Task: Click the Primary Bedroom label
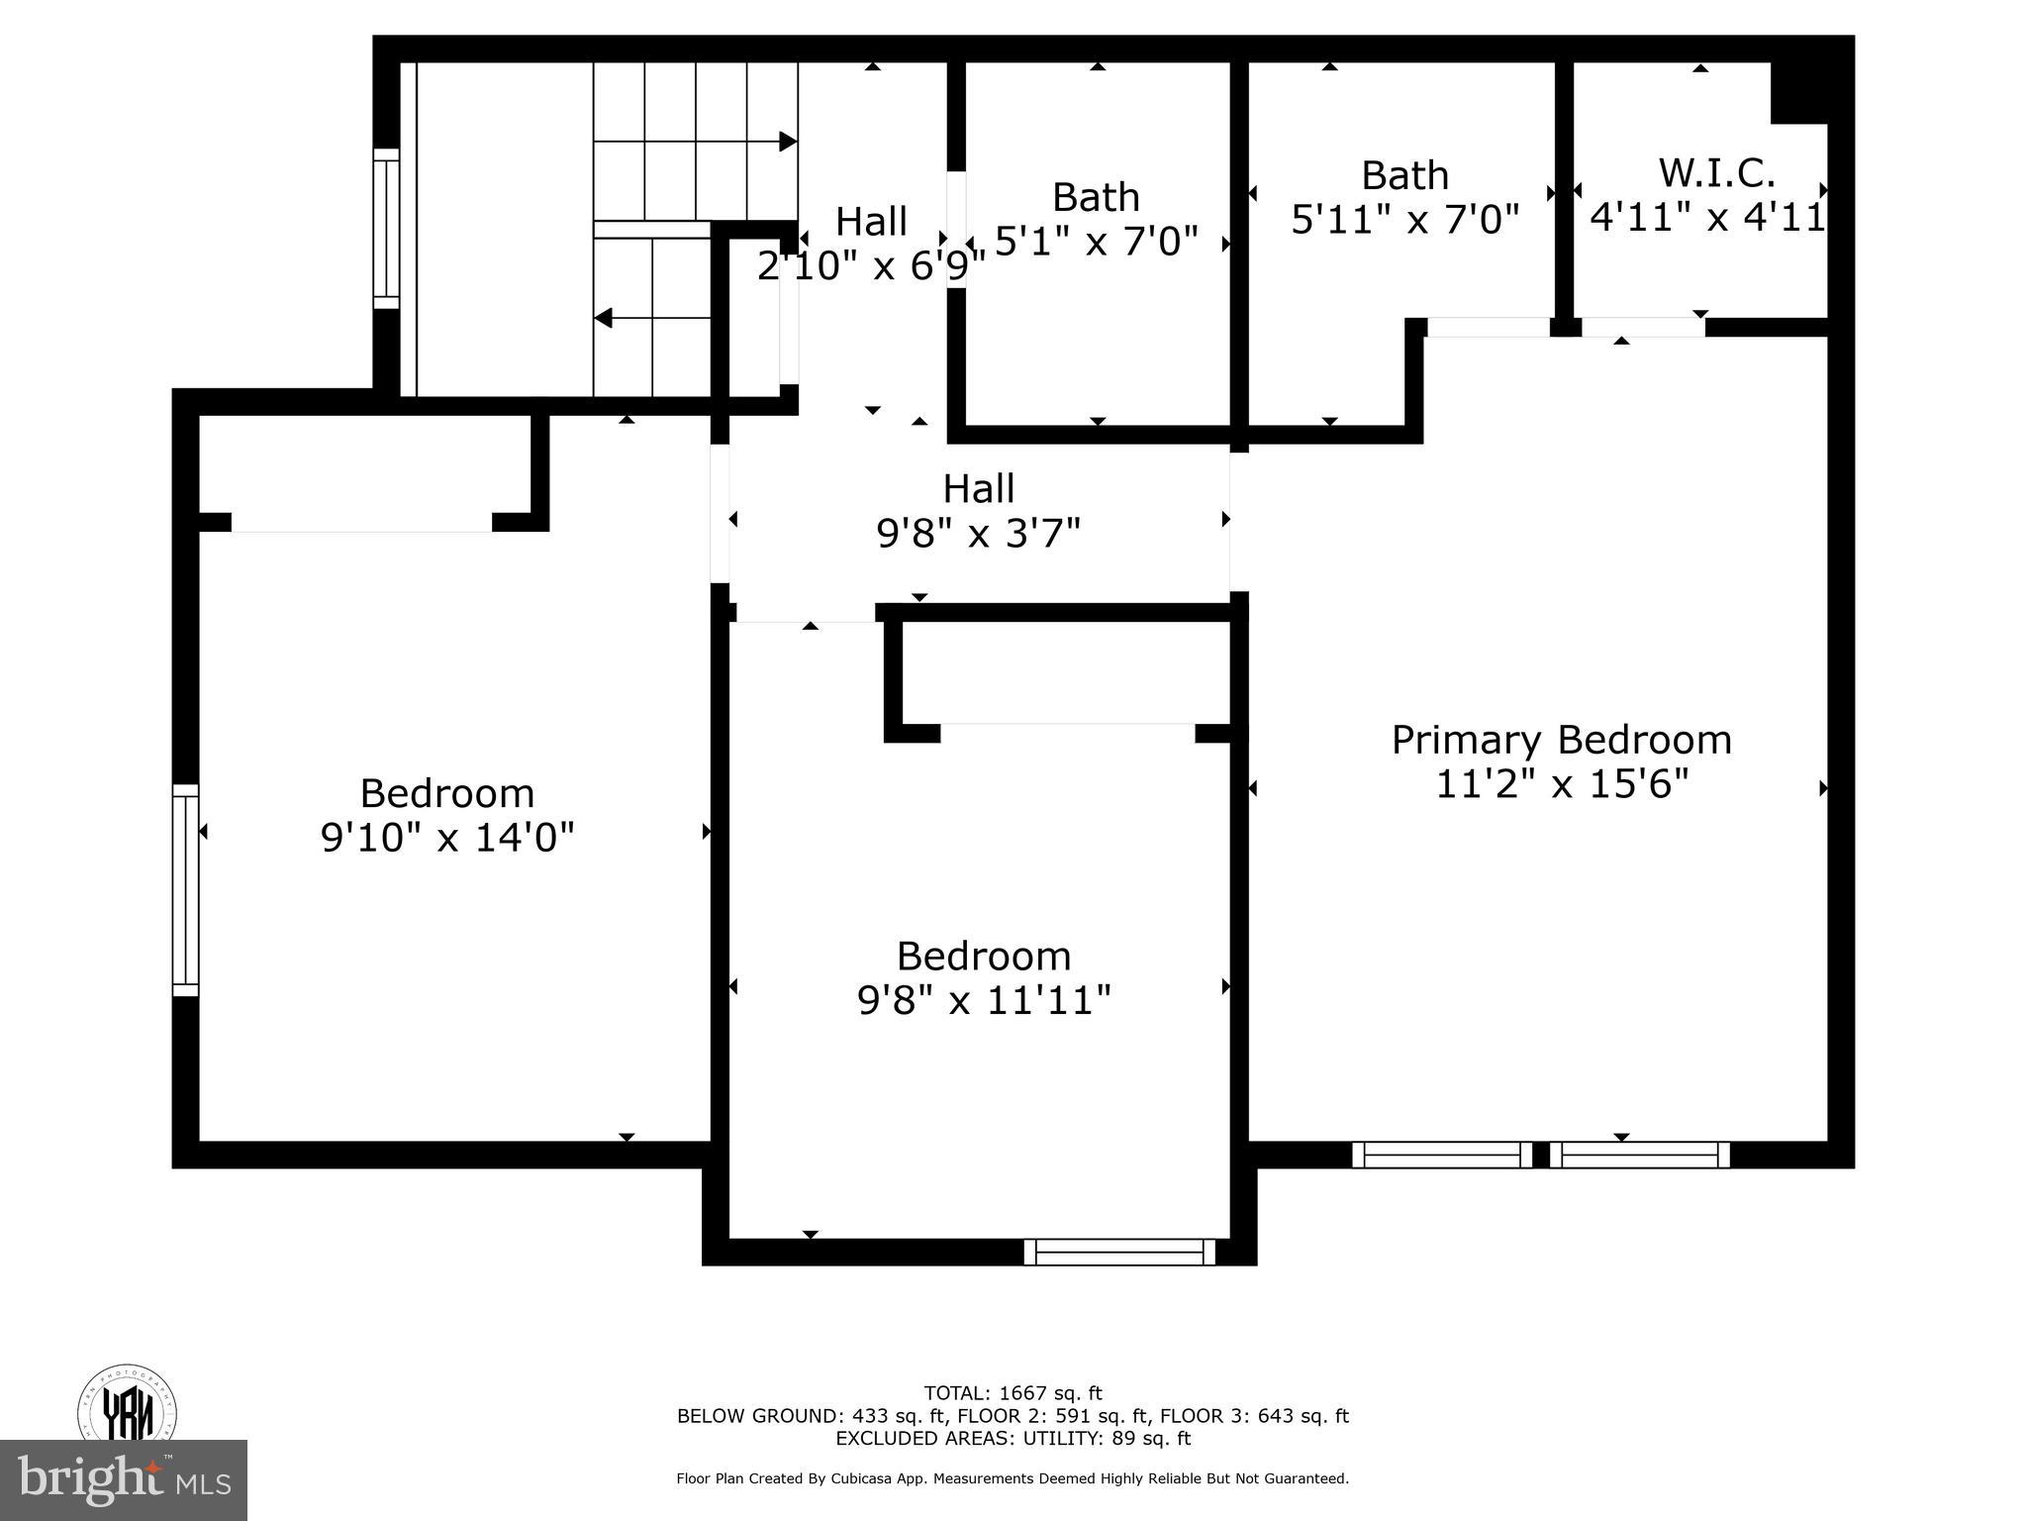point(1561,741)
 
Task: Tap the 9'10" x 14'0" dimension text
point(447,839)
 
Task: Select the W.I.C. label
point(1716,173)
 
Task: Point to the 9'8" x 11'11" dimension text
point(984,1001)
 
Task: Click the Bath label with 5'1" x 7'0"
point(1095,197)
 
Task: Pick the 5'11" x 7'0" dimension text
point(1404,219)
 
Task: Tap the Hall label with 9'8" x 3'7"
point(978,489)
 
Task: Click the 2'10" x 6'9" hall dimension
point(871,265)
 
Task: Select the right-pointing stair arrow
point(788,142)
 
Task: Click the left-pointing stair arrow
point(604,319)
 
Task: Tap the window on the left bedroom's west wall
point(185,890)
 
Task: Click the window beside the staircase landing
point(386,229)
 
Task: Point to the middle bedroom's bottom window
point(1119,1252)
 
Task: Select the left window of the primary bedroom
point(1441,1155)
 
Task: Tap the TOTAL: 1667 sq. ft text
point(1013,1394)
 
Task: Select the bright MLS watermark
point(124,1479)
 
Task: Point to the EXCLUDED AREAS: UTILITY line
point(1013,1439)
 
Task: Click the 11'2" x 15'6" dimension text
point(1561,785)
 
